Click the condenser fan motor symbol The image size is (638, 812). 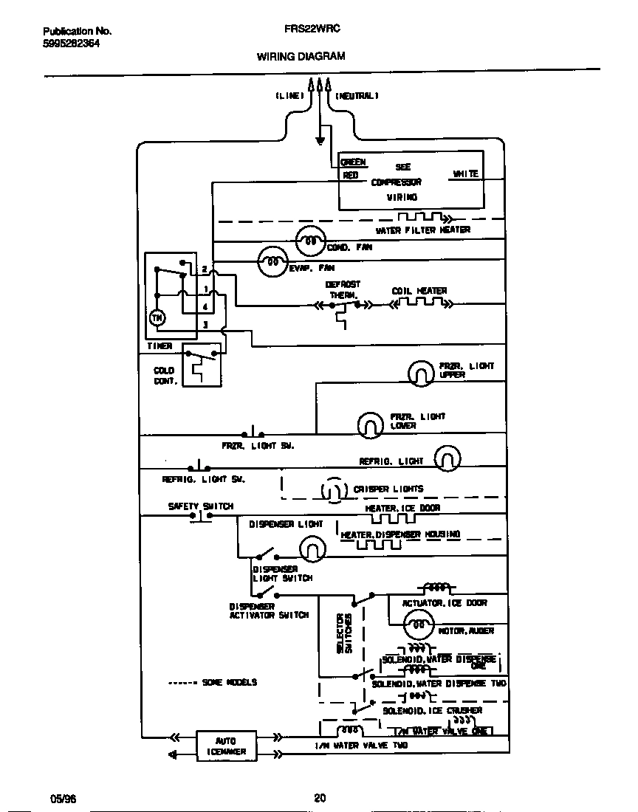[x=310, y=241]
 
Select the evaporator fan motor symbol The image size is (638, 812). [x=272, y=261]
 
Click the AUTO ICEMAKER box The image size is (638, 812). [x=226, y=746]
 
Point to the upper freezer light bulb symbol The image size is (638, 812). [x=421, y=374]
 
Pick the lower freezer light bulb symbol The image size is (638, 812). [x=369, y=424]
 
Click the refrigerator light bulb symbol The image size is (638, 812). [x=447, y=459]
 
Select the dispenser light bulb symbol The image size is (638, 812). [x=312, y=548]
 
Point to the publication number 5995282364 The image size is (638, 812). [x=72, y=44]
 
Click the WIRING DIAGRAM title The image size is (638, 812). [x=301, y=56]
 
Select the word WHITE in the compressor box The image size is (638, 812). [x=465, y=174]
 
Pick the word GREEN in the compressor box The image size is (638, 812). [x=353, y=162]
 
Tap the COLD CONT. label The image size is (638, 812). [x=164, y=376]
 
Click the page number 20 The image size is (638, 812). [x=319, y=797]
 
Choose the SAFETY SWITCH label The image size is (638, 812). [x=200, y=506]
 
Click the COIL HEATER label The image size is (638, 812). [x=419, y=291]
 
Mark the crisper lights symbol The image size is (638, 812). [x=333, y=489]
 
